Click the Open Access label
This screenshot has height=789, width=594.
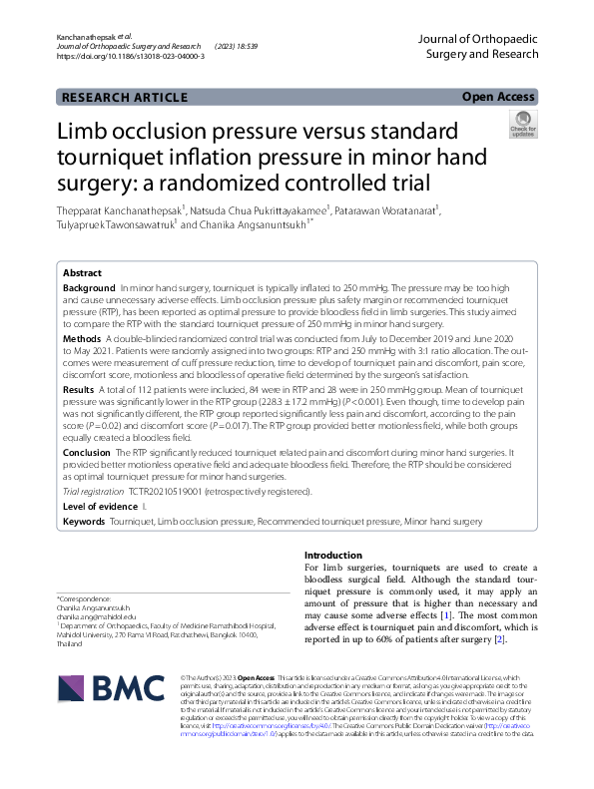click(498, 97)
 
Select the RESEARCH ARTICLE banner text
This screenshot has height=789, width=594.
click(125, 98)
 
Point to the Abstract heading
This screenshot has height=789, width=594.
click(82, 272)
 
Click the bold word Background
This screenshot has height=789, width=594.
click(89, 287)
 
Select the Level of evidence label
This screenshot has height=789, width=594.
click(103, 507)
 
